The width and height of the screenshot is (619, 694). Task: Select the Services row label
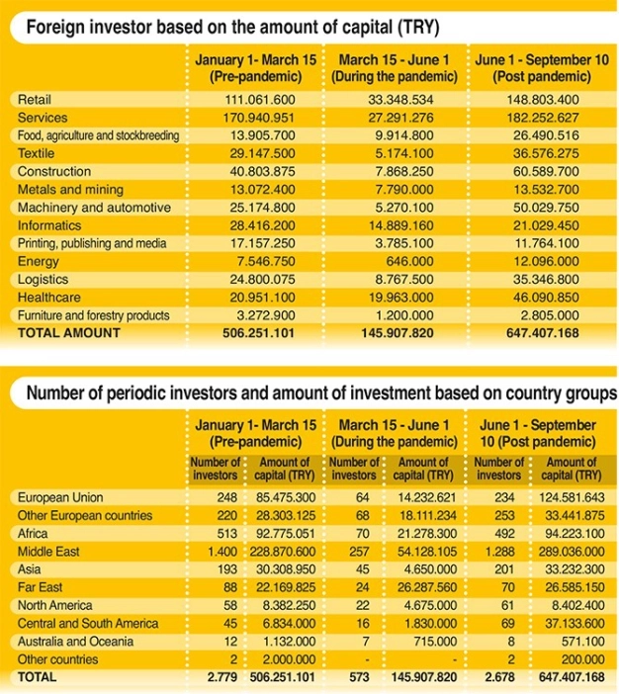[44, 118]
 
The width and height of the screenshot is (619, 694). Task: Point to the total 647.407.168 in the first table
[539, 333]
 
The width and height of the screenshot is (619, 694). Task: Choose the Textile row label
[39, 153]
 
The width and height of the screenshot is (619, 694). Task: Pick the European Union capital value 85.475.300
[281, 497]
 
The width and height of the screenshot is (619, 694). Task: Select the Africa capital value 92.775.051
[281, 534]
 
